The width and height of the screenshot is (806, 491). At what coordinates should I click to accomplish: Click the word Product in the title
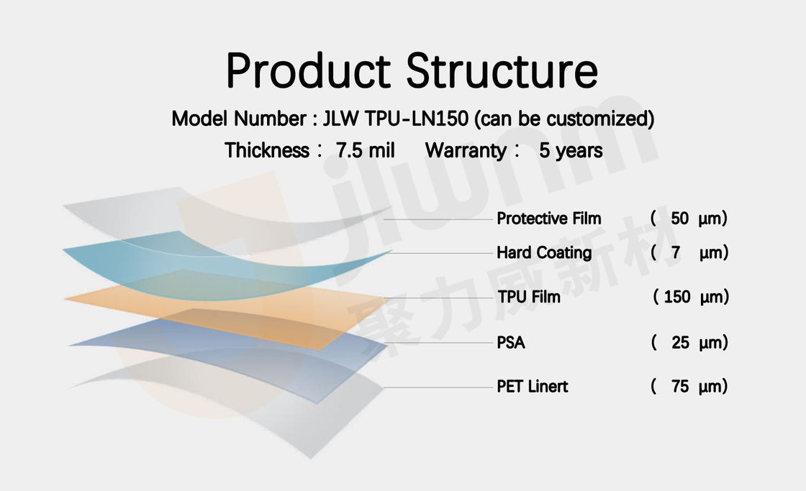tap(309, 70)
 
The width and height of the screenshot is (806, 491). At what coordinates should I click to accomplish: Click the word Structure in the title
tap(502, 70)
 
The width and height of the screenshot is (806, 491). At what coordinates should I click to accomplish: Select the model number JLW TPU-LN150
tap(395, 119)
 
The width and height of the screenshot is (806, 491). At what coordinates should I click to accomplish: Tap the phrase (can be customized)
tap(564, 119)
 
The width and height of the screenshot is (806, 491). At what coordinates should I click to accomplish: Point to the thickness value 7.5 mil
tap(366, 150)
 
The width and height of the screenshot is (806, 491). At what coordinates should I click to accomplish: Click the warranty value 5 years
tap(571, 151)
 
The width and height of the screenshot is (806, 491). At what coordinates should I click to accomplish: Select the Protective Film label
tap(548, 219)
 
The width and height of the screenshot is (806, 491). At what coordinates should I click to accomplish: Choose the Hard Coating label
tap(544, 253)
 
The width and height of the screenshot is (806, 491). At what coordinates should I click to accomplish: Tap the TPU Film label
tap(528, 297)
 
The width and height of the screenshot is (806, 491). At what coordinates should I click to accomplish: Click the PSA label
tap(510, 343)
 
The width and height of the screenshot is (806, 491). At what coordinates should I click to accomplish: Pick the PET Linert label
tap(532, 386)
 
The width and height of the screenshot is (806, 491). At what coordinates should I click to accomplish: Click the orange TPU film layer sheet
tap(226, 308)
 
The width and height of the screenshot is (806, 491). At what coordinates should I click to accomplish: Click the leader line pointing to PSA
tap(438, 343)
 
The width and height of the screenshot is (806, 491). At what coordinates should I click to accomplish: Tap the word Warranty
tap(466, 151)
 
